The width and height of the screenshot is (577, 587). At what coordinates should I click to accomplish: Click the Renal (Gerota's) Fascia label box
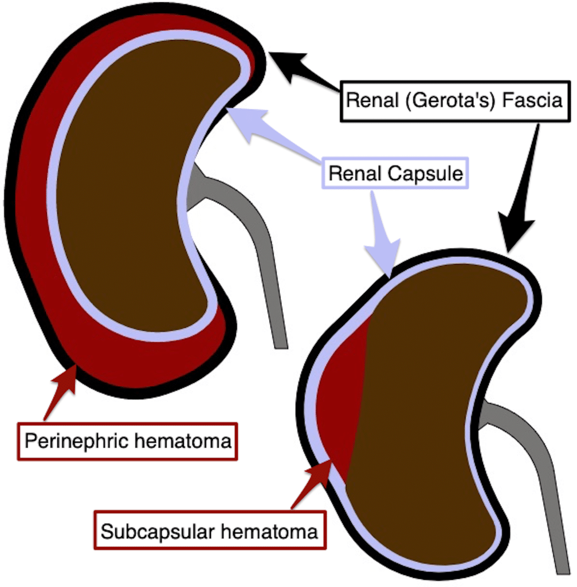coord(456,101)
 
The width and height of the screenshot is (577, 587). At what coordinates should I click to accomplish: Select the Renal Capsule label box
coord(394,173)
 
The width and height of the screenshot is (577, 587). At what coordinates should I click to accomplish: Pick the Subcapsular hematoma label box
coord(209,531)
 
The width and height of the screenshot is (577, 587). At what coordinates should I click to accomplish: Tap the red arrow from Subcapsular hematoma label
coord(312,482)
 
